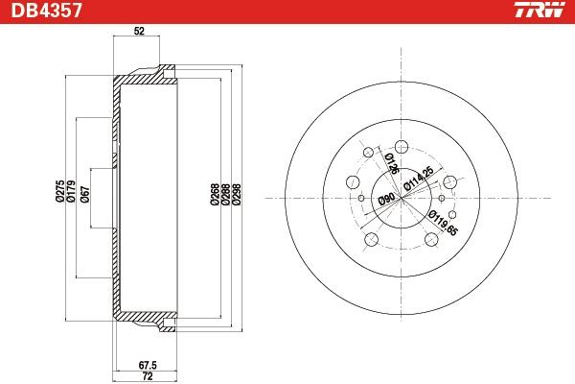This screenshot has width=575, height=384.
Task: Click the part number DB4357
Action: pyautogui.click(x=46, y=10)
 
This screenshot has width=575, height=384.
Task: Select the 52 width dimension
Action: pyautogui.click(x=139, y=32)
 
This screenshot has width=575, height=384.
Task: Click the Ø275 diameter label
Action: pyautogui.click(x=60, y=191)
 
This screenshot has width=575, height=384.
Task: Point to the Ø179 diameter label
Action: pyautogui.click(x=71, y=191)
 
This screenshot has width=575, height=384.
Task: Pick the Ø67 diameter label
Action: pyautogui.click(x=84, y=194)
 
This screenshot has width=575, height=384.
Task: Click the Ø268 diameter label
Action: pyautogui.click(x=215, y=194)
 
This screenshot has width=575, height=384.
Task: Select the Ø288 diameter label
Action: pyautogui.click(x=226, y=194)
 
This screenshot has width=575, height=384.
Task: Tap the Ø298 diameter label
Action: pyautogui.click(x=237, y=194)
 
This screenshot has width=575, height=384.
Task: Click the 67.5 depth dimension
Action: pyautogui.click(x=148, y=365)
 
